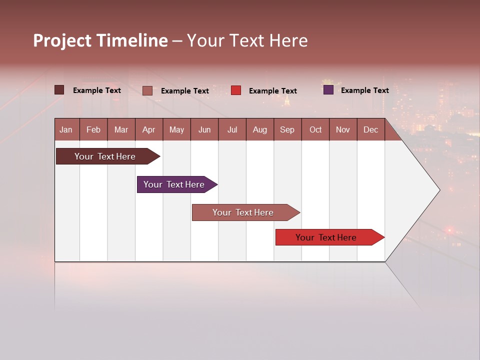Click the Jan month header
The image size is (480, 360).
(x=66, y=129)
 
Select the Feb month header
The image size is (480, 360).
(x=93, y=129)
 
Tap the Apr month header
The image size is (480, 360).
(x=148, y=129)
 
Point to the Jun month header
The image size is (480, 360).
(x=204, y=129)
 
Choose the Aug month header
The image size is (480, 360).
(x=259, y=129)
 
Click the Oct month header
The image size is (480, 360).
(x=315, y=129)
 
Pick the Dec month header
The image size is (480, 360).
(x=370, y=129)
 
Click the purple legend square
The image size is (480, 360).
(x=328, y=90)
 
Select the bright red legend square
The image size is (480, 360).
(x=236, y=90)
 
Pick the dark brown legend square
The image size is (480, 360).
(x=59, y=90)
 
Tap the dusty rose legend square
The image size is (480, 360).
(x=147, y=90)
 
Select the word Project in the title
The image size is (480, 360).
(x=62, y=40)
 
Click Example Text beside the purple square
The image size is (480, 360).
(x=364, y=90)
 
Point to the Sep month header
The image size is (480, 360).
(x=287, y=129)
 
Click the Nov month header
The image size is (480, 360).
(x=342, y=129)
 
